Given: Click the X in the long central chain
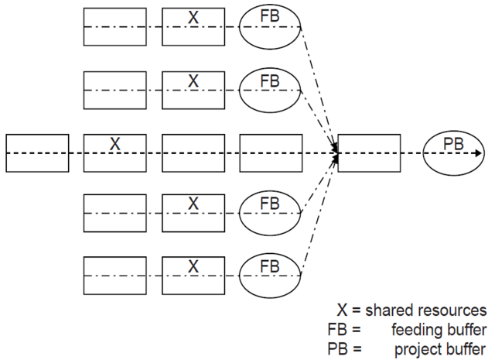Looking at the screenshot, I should (x=114, y=144).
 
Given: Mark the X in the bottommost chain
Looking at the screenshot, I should (x=193, y=266).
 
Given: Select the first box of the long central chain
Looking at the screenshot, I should (x=37, y=153).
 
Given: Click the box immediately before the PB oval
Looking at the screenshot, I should (x=370, y=153).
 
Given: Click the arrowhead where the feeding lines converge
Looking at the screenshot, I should (x=336, y=153).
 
